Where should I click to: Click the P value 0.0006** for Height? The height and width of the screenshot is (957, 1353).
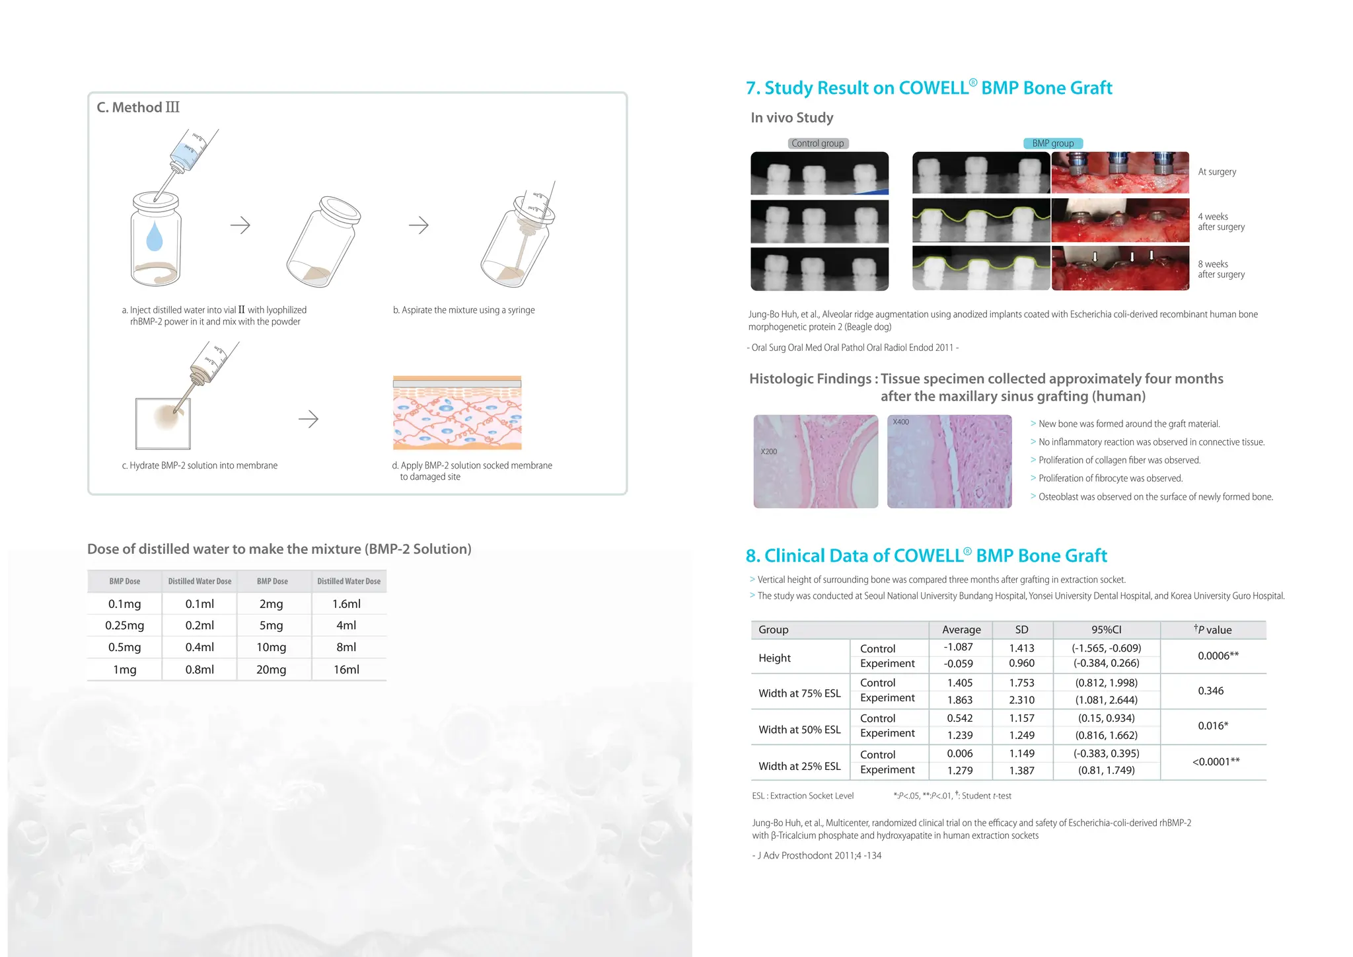tap(1218, 656)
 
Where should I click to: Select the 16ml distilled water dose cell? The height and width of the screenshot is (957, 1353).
tap(346, 670)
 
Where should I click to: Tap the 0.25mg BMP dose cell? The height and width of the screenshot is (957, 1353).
tap(125, 625)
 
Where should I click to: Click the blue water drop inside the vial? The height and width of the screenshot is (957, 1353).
tap(155, 236)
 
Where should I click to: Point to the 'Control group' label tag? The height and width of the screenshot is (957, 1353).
tap(818, 143)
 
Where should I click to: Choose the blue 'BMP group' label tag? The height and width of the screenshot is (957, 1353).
tap(1052, 143)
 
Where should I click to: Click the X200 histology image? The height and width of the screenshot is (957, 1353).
tap(815, 461)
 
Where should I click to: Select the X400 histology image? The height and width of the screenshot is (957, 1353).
tap(949, 461)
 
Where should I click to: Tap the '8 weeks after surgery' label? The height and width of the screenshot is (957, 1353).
tap(1221, 269)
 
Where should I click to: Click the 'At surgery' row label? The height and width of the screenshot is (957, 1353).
tap(1217, 172)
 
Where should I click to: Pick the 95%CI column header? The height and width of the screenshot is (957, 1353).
tap(1106, 630)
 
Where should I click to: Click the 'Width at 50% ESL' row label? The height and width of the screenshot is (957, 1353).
tap(799, 730)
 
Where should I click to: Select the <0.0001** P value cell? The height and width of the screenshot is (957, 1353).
tap(1216, 762)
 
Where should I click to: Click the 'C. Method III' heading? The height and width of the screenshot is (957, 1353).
tap(138, 108)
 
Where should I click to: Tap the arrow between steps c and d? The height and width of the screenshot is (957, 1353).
tap(309, 419)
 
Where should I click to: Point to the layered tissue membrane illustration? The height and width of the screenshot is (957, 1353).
tap(457, 413)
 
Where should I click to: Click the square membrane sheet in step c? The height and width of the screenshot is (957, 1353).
tap(163, 424)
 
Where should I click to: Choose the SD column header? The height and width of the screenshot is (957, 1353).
tap(1021, 630)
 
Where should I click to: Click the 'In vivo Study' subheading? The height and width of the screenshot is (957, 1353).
tap(791, 118)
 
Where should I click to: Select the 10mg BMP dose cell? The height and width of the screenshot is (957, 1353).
tap(271, 647)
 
